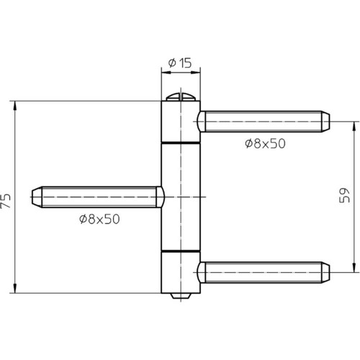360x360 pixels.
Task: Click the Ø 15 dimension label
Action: [x=180, y=63]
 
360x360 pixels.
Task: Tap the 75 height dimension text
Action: [x=6, y=200]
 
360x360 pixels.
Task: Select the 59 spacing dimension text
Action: [x=345, y=195]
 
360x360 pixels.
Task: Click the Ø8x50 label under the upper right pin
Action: [x=265, y=143]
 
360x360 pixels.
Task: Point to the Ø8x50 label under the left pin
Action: [x=99, y=219]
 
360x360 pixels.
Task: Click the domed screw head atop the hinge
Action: [x=181, y=97]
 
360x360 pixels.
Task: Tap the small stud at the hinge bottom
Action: [x=181, y=296]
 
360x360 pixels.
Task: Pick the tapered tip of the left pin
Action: [x=37, y=197]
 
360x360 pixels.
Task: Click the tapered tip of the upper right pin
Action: [x=325, y=122]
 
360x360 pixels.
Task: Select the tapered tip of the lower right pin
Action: [x=325, y=272]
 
